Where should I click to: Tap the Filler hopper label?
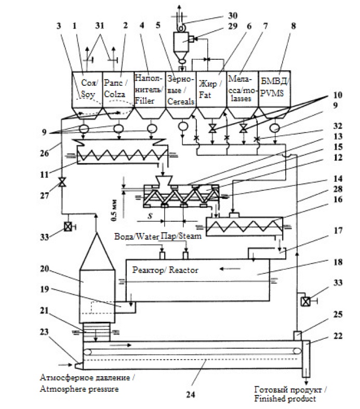pyautogui.click(x=149, y=90)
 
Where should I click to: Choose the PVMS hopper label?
pyautogui.click(x=274, y=87)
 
